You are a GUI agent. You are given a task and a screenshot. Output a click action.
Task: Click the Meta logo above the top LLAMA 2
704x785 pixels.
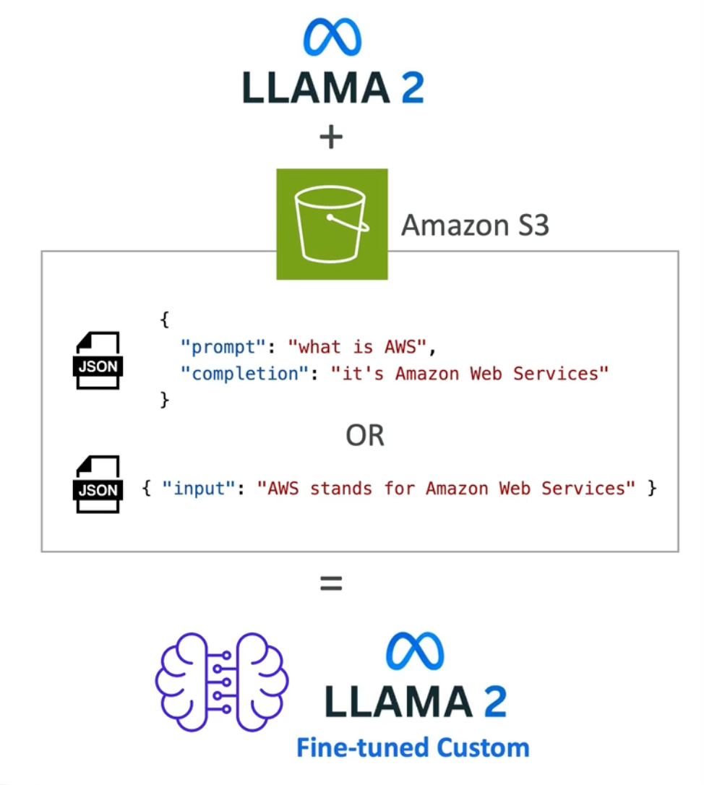[332, 38]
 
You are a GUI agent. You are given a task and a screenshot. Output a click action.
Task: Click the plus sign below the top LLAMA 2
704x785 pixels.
[331, 137]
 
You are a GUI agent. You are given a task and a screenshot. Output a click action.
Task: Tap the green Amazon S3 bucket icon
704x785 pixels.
[332, 224]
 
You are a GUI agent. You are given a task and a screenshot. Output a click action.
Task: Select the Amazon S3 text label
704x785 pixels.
[475, 226]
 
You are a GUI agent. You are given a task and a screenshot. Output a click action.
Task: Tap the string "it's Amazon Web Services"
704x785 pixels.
[470, 374]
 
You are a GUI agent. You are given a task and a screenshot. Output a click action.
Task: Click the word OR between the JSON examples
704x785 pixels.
[365, 436]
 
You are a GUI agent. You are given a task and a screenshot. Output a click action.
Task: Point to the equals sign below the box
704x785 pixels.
[331, 583]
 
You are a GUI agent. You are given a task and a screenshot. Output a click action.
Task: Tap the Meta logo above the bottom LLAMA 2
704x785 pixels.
[414, 651]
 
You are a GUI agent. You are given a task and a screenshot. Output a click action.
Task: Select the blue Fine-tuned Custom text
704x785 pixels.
[413, 747]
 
